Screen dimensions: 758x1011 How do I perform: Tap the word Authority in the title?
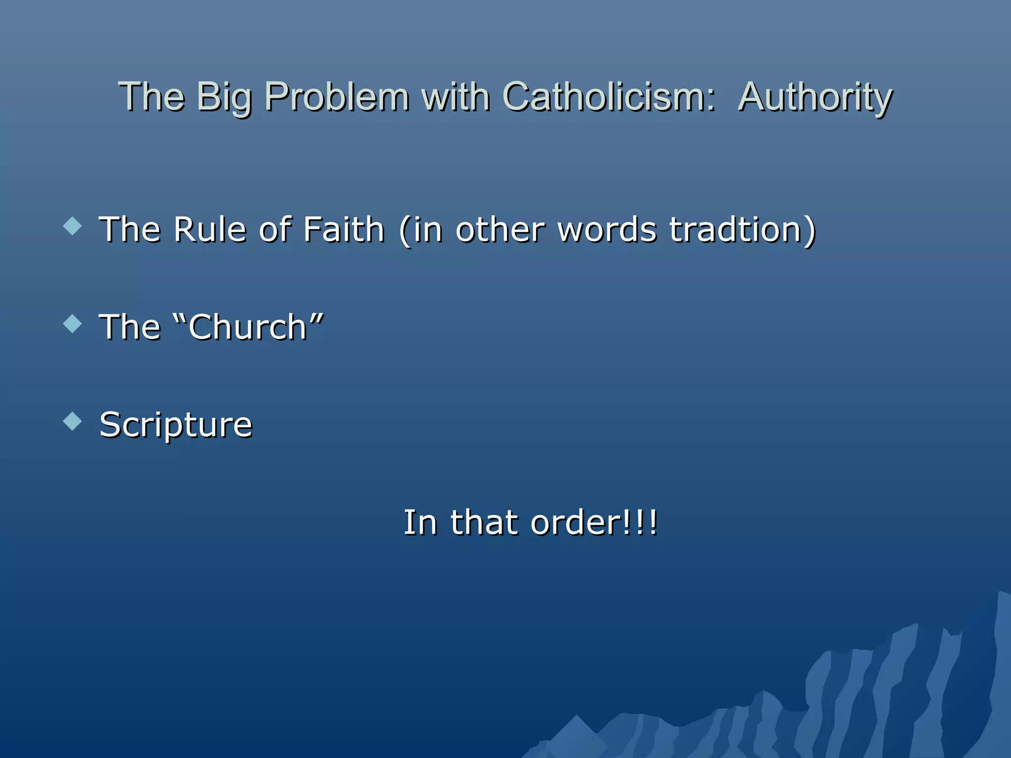[815, 98]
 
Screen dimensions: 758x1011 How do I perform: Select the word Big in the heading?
[224, 98]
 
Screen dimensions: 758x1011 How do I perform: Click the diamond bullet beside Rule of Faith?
[73, 227]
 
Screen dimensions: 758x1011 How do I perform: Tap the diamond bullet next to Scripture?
[73, 421]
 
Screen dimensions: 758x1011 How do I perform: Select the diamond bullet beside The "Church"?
[73, 324]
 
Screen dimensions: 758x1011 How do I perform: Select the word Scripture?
[176, 425]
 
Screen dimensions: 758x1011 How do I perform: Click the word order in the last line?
[576, 523]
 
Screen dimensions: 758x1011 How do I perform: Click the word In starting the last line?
[420, 523]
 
